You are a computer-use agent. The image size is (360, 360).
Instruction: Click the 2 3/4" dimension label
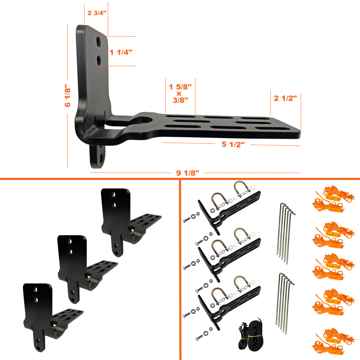pos(97,13)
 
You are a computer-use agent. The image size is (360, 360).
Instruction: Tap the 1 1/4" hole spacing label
pos(121,52)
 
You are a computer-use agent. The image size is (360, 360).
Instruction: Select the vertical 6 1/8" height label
pos(68,96)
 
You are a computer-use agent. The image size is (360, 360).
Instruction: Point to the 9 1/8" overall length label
pos(188,173)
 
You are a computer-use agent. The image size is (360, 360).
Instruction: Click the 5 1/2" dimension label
pos(233,144)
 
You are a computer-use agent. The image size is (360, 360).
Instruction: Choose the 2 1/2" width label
pos(285,98)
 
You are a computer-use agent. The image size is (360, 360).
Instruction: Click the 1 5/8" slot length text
pos(180,87)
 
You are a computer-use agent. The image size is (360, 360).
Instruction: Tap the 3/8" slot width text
pos(180,100)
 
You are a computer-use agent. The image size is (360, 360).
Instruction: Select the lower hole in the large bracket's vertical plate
pos(98,60)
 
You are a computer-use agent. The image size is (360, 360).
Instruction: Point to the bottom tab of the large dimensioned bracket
pos(98,157)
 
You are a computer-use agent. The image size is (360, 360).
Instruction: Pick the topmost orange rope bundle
pos(333,199)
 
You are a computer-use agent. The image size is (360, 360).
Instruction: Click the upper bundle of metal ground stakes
pos(286,233)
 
